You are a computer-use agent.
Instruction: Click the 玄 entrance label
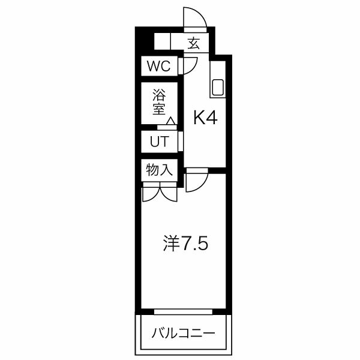click(193, 43)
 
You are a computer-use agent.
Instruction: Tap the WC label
click(159, 66)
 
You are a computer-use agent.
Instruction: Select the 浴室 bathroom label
click(159, 102)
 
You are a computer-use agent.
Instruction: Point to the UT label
click(159, 142)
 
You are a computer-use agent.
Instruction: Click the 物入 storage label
click(159, 170)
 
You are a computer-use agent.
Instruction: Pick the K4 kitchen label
click(204, 118)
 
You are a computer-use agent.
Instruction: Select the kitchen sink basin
click(217, 88)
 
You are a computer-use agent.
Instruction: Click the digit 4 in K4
click(211, 118)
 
